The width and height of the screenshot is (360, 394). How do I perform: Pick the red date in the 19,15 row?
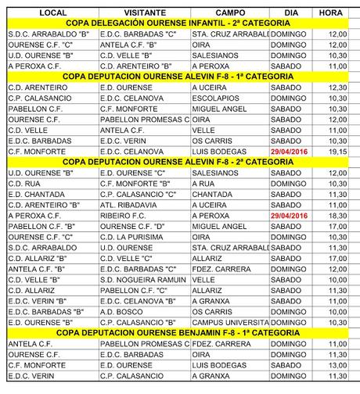point(290,150)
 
